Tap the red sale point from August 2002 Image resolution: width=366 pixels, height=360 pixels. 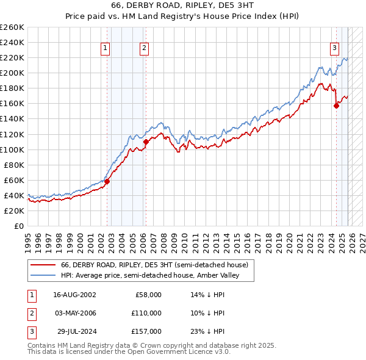coord(107,181)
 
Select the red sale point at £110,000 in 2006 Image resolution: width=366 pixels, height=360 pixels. coord(146,142)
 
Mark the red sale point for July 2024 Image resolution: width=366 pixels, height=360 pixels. coord(336,106)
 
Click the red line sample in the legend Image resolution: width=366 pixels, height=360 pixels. coord(43,265)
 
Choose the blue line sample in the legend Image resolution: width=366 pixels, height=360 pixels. coord(43,276)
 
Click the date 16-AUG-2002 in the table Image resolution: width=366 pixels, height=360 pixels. coord(74,294)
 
